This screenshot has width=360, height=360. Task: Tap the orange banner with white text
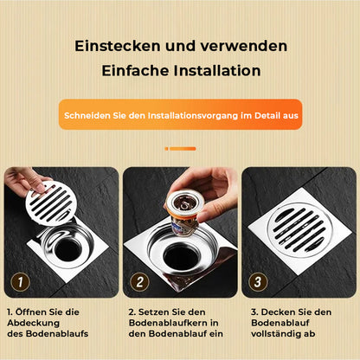coord(180,114)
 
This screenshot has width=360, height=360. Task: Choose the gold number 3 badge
coord(256,281)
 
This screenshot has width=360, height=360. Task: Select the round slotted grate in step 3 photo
coord(299,228)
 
